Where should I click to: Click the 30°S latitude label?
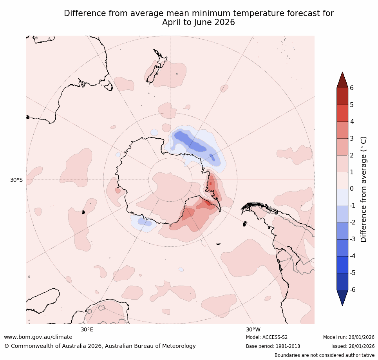pos(16,180)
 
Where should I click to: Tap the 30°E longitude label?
pos(87,329)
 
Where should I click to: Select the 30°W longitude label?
pos(253,329)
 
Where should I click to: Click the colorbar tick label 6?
pos(352,88)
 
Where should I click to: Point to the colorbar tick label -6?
pos(353,289)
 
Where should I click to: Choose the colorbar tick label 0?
pos(352,189)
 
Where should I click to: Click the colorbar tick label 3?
pos(352,138)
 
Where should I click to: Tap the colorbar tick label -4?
pos(353,256)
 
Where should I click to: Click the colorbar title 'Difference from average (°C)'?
pos(364,189)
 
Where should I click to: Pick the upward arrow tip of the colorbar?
pos(342,72)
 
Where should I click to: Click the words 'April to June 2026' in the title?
pos(199,22)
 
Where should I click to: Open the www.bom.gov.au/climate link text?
pos(38,337)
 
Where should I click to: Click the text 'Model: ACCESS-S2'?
pos(266,337)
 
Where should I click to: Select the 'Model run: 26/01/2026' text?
pos(349,337)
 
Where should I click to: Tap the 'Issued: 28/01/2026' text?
pos(353,346)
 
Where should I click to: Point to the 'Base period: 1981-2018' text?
pos(273,346)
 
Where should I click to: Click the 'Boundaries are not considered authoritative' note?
pos(324,355)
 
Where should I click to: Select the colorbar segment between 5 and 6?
pos(342,96)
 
